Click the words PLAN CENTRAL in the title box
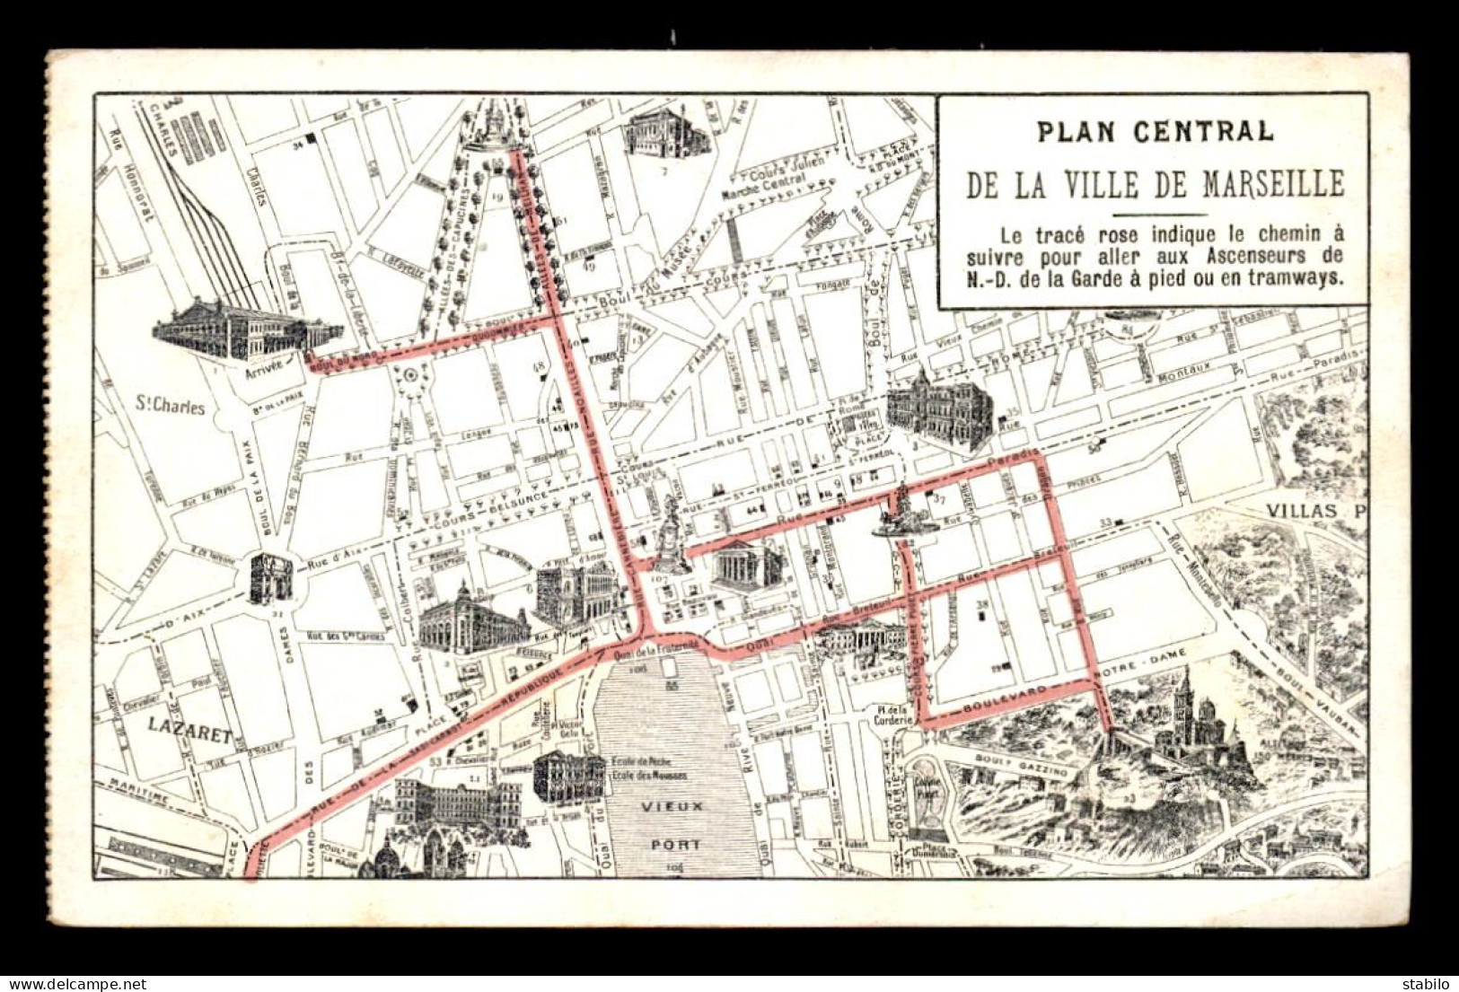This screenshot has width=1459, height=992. (x=1155, y=131)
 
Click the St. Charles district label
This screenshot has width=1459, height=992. (x=170, y=407)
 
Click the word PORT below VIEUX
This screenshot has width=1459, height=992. (x=678, y=845)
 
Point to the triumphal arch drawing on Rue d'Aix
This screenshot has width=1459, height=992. (x=271, y=577)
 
